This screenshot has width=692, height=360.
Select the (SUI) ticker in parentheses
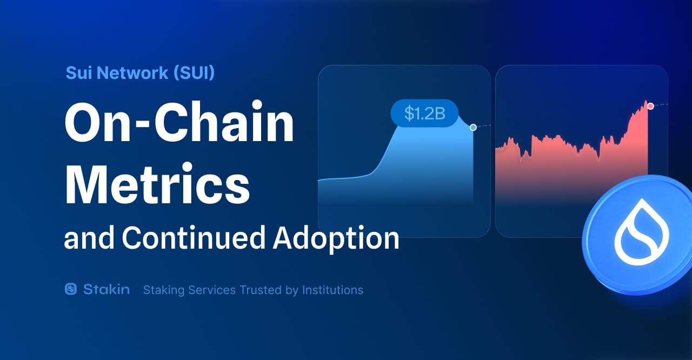click(194, 73)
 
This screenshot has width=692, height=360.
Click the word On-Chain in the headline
click(179, 125)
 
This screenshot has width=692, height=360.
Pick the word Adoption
click(336, 238)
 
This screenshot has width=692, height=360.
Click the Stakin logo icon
click(71, 289)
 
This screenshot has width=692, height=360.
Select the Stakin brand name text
click(107, 289)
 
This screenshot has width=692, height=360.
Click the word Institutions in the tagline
click(332, 290)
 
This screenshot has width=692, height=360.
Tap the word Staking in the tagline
click(163, 290)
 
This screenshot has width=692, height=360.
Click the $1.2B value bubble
click(424, 113)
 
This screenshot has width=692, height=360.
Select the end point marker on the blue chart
click(473, 128)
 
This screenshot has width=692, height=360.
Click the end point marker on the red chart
click(650, 106)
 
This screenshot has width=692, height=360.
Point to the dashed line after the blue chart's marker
click(484, 126)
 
